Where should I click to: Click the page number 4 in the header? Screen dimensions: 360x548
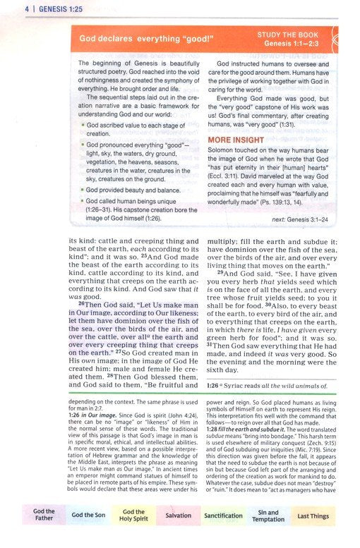coord(6,8)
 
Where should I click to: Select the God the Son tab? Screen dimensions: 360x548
coord(89,516)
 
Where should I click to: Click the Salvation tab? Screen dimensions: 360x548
coord(179,516)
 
